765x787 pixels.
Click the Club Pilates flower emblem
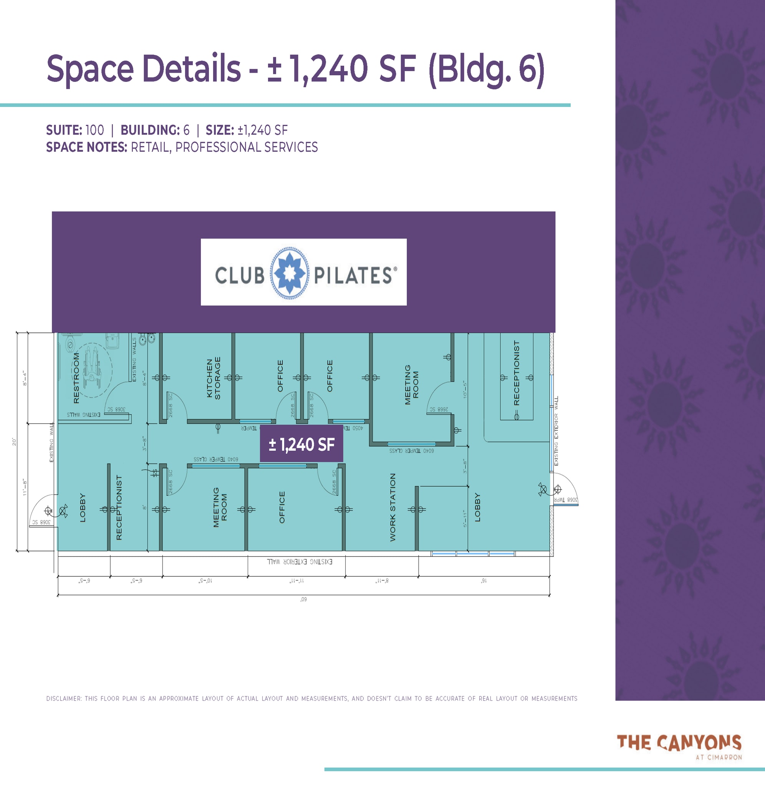click(x=289, y=273)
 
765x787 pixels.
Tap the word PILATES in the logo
click(x=353, y=276)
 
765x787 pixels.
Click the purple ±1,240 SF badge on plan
click(x=301, y=444)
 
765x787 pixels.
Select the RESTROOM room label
click(x=76, y=378)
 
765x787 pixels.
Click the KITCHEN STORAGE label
click(x=214, y=378)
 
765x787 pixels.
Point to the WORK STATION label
click(x=392, y=507)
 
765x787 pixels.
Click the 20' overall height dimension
click(x=14, y=442)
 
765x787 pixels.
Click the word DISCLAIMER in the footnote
click(x=63, y=699)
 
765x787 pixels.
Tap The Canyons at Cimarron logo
click(x=679, y=746)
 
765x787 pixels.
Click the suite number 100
click(x=94, y=130)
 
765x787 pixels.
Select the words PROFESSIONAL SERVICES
click(x=246, y=148)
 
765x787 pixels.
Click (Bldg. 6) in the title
click(x=487, y=69)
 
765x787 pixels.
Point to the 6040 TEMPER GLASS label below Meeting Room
click(x=411, y=451)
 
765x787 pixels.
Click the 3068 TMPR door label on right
click(x=566, y=500)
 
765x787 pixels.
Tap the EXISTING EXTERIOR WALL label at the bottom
click(x=300, y=562)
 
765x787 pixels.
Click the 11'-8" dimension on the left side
click(x=25, y=487)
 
